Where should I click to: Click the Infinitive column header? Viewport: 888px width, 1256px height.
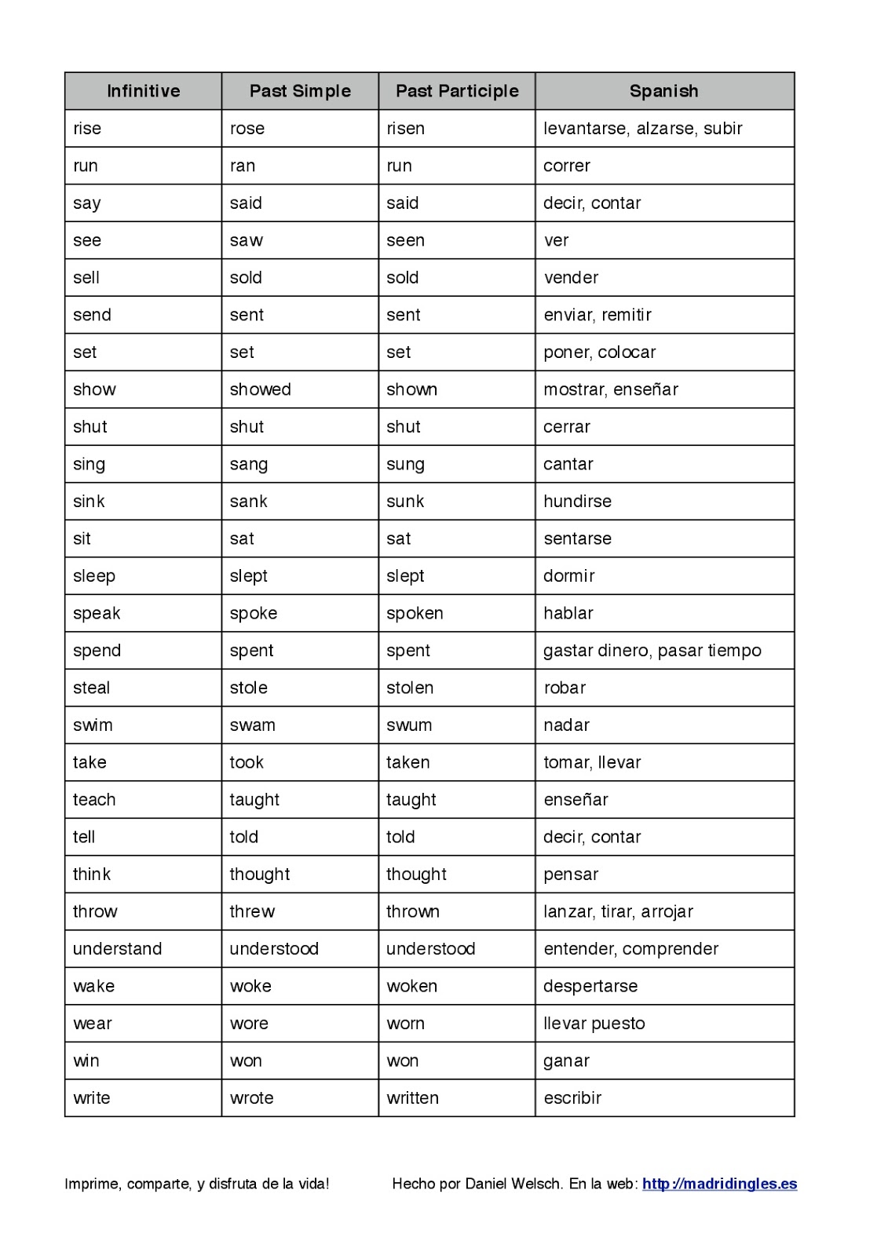point(143,91)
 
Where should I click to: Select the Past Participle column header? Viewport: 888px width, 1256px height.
point(457,91)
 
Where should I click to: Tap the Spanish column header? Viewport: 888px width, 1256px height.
point(663,91)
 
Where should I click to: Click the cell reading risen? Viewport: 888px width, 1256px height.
point(405,129)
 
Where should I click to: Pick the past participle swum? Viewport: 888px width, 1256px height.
point(409,725)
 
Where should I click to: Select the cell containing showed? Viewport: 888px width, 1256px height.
point(260,389)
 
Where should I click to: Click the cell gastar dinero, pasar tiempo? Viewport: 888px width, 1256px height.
point(652,651)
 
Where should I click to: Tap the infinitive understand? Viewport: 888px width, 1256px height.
point(117,949)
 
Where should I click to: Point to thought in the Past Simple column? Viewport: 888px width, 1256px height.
point(259,874)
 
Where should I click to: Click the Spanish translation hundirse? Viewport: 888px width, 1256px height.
point(577,502)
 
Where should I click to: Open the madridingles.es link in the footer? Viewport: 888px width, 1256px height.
point(719,1184)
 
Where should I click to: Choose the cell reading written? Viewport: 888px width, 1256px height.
point(412,1098)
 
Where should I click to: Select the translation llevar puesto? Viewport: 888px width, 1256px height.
point(594,1024)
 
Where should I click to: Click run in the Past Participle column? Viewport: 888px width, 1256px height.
point(399,166)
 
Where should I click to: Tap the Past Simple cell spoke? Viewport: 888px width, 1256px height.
point(253,613)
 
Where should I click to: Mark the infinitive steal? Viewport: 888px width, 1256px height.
point(91,688)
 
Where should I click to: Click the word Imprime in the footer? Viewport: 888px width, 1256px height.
point(90,1184)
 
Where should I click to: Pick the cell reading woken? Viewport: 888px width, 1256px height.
point(411,986)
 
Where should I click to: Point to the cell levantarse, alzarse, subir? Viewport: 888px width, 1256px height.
point(642,129)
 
